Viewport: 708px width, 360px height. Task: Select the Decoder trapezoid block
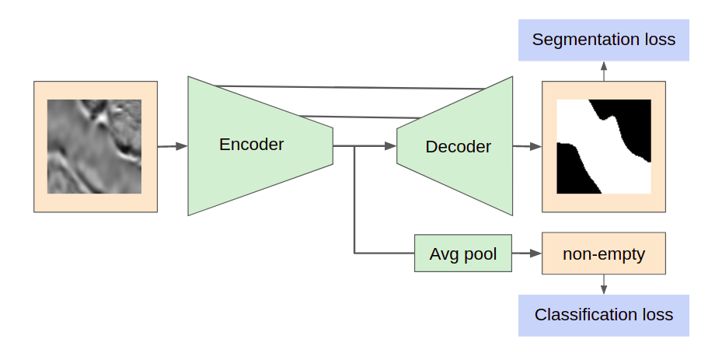tap(459, 146)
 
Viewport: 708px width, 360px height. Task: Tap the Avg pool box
tap(463, 253)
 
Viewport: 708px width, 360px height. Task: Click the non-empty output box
tap(604, 253)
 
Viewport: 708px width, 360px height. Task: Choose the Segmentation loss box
tap(604, 40)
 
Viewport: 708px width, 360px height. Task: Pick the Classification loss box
tap(604, 315)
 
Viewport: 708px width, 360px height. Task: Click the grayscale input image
tap(95, 146)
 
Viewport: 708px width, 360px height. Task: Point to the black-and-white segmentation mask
tap(604, 146)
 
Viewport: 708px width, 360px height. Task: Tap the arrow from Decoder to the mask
tap(527, 145)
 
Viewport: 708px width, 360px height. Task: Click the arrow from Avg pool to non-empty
tap(527, 253)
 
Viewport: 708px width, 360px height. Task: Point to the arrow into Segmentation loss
tap(604, 71)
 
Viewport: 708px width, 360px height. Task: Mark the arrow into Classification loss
tap(604, 285)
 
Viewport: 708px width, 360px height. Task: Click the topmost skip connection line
tap(350, 87)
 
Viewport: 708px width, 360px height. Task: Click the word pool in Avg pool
tap(480, 253)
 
